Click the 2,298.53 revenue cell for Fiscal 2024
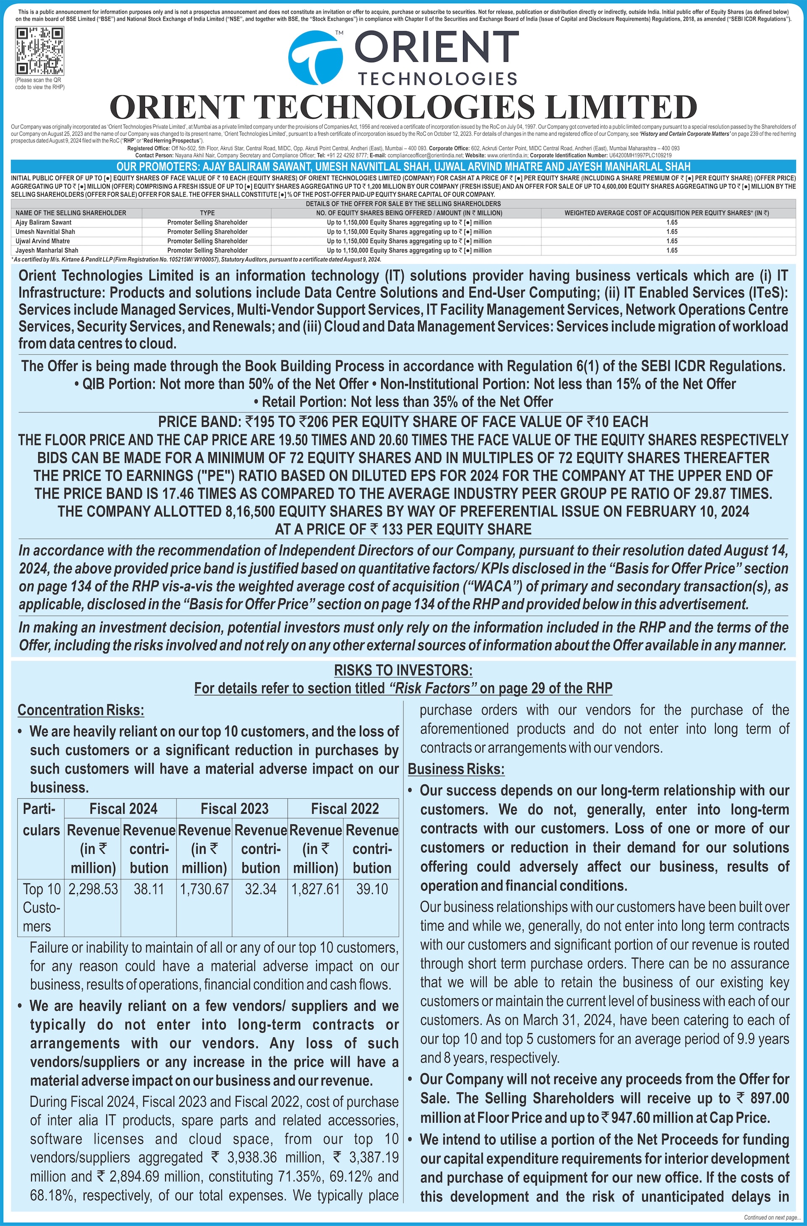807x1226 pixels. point(93,889)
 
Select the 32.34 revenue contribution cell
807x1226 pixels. point(260,889)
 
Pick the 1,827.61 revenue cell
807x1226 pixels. point(315,889)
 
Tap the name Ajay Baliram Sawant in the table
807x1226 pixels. point(44,223)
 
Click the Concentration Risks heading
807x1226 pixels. point(81,710)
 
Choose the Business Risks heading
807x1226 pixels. point(456,769)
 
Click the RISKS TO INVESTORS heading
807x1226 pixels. point(403,670)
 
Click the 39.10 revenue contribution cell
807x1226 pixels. point(372,889)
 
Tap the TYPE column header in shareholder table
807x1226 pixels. point(207,213)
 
